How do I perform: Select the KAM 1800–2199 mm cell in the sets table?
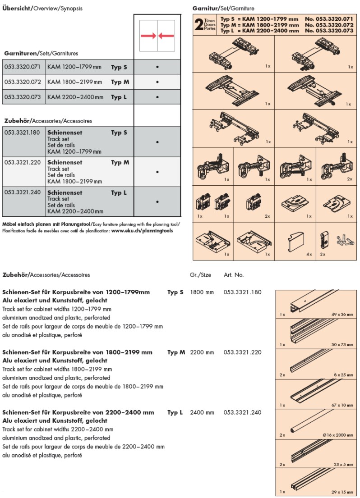click(x=75, y=82)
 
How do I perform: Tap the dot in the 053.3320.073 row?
click(x=157, y=97)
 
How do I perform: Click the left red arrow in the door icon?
click(x=148, y=36)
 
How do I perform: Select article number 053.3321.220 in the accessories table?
click(x=23, y=162)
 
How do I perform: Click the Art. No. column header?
click(x=234, y=274)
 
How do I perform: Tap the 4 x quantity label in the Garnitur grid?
click(x=309, y=255)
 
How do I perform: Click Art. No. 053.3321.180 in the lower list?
click(x=242, y=292)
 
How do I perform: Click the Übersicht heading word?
click(x=16, y=9)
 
